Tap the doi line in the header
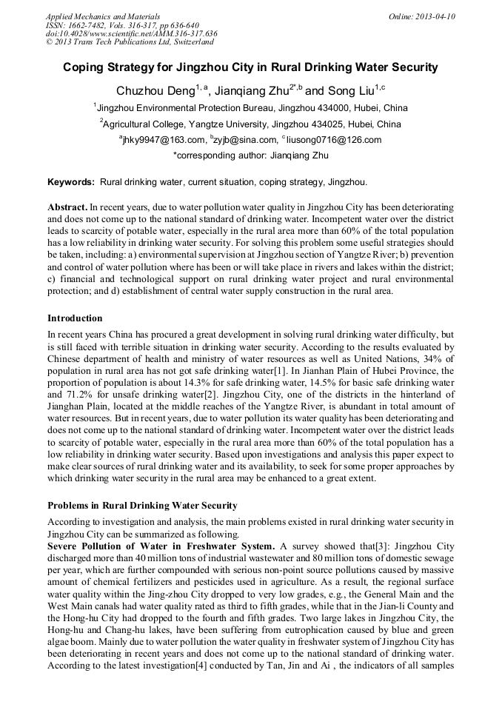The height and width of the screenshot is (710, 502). coord(131,34)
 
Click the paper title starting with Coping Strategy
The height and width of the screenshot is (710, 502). coord(250,67)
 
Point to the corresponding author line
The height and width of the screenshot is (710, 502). coord(250,155)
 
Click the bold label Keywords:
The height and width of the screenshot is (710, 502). coord(71,182)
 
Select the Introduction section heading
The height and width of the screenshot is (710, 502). coord(75,318)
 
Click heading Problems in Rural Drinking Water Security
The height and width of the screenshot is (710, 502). coord(142,506)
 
